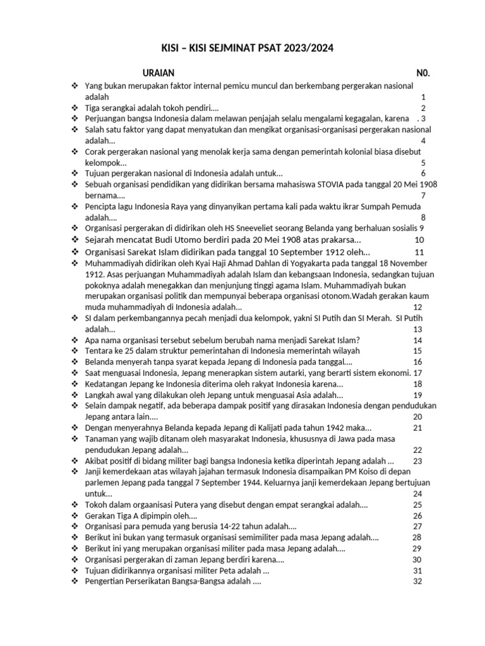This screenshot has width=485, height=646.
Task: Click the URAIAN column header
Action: point(159,73)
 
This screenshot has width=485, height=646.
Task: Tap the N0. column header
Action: point(422,73)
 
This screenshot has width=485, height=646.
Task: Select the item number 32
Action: point(417,581)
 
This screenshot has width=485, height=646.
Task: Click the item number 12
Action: point(417,307)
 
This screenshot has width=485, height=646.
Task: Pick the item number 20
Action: point(417,416)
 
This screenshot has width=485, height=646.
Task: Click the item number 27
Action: point(417,526)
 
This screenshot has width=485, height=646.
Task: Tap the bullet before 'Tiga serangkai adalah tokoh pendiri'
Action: point(75,108)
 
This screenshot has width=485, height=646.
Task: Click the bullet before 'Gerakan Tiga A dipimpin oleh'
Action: point(75,515)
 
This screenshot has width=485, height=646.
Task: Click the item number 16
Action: point(417,361)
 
